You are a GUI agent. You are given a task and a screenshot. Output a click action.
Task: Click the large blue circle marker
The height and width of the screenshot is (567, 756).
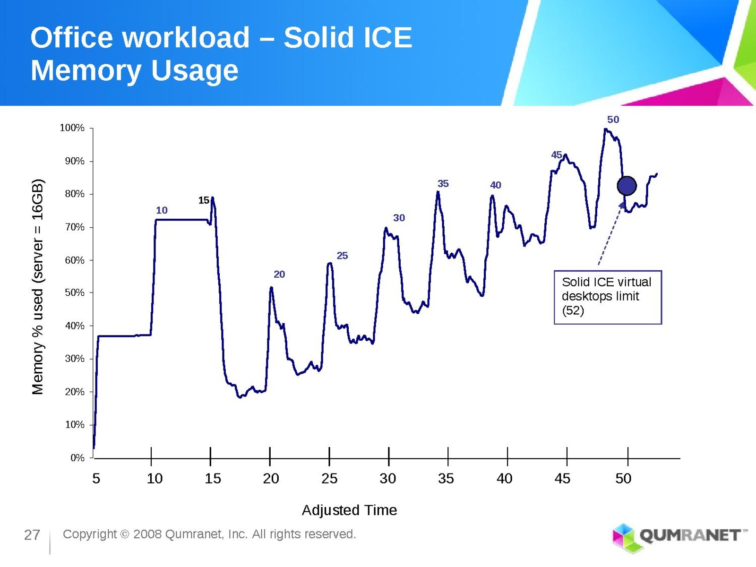tap(627, 186)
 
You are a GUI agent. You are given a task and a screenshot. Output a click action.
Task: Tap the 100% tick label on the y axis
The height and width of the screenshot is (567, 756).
tap(72, 128)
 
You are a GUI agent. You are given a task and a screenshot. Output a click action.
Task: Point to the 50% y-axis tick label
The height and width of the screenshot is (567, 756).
tap(74, 292)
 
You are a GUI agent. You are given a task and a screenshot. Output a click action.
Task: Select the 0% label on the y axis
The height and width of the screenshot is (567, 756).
tap(77, 457)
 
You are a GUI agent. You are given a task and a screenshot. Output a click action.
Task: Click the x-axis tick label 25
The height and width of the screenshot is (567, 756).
tap(329, 479)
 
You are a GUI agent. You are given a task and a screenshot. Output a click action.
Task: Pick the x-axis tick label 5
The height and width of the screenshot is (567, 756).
tap(96, 479)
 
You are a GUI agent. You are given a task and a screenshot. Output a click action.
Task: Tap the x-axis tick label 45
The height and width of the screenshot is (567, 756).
tap(562, 479)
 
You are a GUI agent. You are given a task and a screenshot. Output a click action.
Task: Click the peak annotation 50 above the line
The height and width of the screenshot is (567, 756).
tap(613, 120)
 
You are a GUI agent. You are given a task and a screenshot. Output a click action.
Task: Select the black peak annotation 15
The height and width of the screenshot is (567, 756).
tap(204, 200)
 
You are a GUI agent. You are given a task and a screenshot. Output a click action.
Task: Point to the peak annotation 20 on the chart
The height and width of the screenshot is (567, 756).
tap(279, 274)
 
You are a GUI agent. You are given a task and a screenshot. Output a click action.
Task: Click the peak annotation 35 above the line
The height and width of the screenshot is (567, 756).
tap(443, 183)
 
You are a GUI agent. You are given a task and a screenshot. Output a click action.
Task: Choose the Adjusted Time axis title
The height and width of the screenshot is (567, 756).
tap(349, 510)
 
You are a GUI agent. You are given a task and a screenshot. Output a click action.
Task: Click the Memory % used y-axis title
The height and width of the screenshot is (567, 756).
tap(38, 286)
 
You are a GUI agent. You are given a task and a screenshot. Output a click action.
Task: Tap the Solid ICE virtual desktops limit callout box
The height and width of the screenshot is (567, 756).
tap(607, 297)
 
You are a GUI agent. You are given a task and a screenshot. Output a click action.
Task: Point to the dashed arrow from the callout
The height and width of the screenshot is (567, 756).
tap(610, 234)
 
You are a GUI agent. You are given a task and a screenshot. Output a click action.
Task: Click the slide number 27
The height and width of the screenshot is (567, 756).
tap(32, 535)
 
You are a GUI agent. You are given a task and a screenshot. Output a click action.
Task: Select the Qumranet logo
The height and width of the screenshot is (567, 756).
tap(679, 536)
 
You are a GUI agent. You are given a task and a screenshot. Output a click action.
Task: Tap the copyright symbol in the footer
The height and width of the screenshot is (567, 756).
tap(125, 534)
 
